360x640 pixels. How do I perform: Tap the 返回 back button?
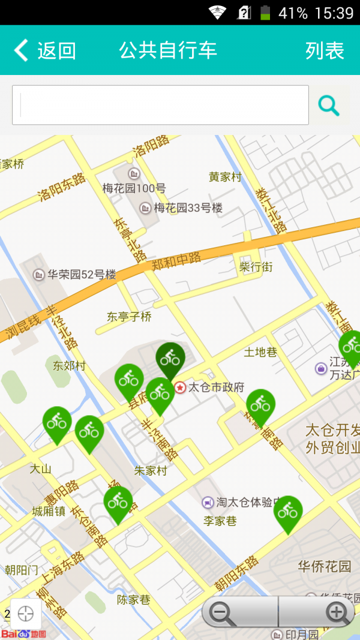(x=45, y=50)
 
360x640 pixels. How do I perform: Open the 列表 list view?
(x=325, y=50)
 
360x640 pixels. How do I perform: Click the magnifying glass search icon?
(x=329, y=106)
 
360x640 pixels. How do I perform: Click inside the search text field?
(x=160, y=105)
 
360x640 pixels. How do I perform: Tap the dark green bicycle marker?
(x=170, y=359)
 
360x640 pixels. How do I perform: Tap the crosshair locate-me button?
(x=26, y=614)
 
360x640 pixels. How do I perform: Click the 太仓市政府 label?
(x=216, y=387)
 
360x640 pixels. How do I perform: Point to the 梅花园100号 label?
(x=134, y=188)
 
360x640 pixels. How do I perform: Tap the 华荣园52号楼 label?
(x=82, y=275)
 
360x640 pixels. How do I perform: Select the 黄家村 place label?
(x=225, y=177)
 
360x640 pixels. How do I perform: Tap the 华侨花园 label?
(x=325, y=566)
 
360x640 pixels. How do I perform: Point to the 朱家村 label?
(x=151, y=471)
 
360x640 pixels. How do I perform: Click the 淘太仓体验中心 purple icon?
(x=208, y=503)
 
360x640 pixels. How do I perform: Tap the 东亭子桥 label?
(x=129, y=317)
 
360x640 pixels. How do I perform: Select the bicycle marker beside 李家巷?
(x=288, y=512)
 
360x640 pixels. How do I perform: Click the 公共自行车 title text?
(x=168, y=50)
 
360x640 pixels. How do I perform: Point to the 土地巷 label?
(x=260, y=352)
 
